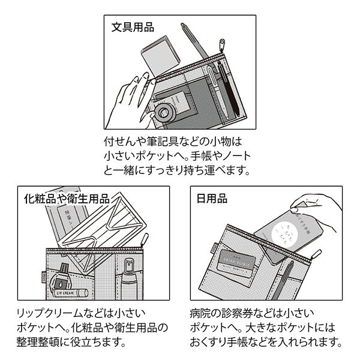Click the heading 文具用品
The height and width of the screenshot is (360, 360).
coord(132,28)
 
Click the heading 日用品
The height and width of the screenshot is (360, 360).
coord(211,198)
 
